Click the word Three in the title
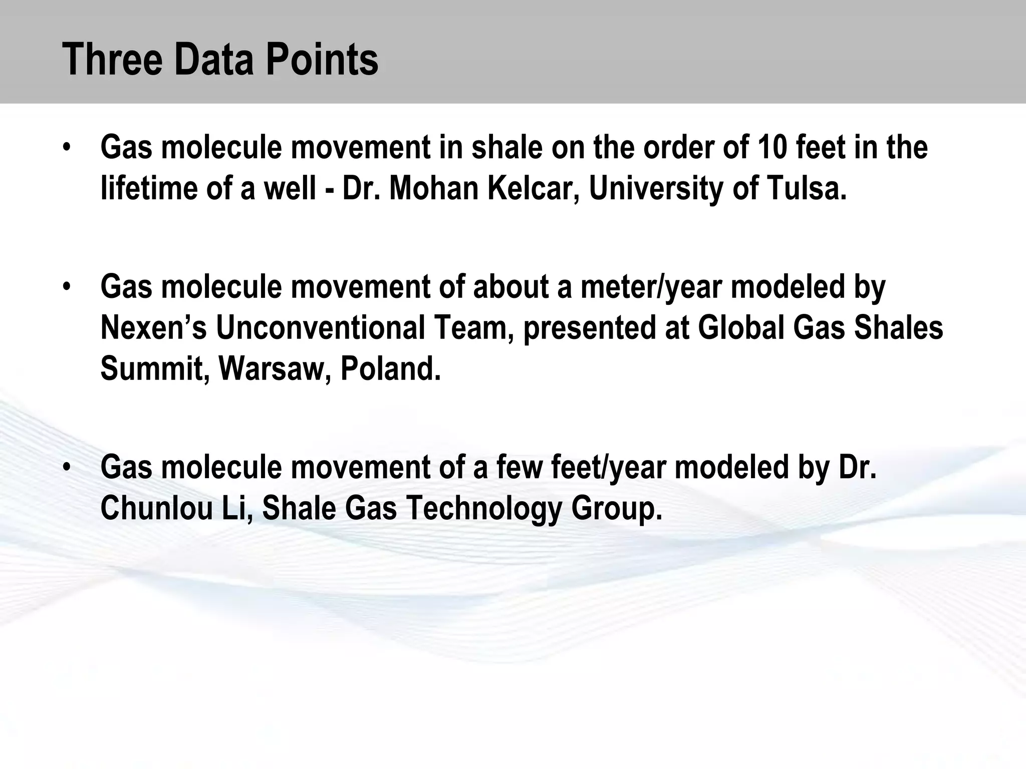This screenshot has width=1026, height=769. (113, 60)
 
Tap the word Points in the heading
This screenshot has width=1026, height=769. (322, 60)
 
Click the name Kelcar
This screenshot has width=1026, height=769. (533, 188)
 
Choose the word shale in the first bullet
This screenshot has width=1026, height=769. (506, 148)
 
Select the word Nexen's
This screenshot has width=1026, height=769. (153, 328)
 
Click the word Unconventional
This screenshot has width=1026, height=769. (321, 328)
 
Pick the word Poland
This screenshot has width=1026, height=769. (391, 368)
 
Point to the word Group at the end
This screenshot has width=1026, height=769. (617, 508)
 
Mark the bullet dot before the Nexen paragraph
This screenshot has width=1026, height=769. (67, 287)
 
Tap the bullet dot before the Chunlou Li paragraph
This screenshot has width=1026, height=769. (67, 467)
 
